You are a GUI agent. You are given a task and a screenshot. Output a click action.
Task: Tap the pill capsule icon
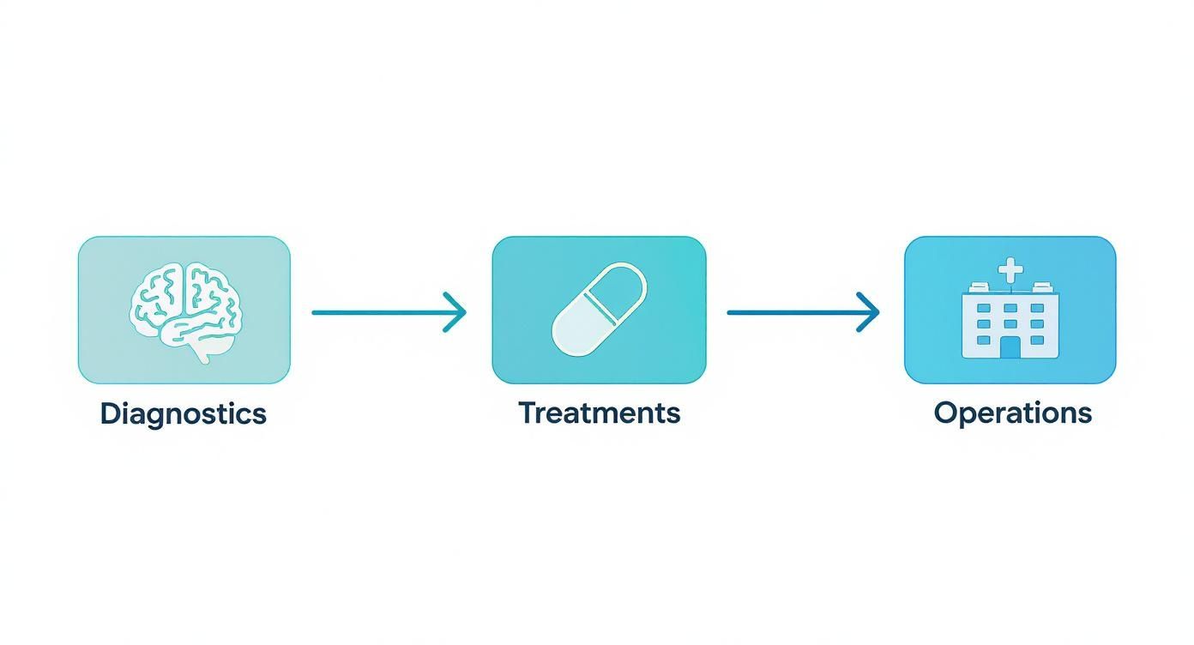pyautogui.click(x=599, y=310)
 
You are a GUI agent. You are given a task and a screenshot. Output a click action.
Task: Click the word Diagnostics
pyautogui.click(x=184, y=414)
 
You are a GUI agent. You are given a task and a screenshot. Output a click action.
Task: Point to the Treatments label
pyautogui.click(x=599, y=413)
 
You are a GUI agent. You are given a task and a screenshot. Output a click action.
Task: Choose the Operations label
pyautogui.click(x=1013, y=413)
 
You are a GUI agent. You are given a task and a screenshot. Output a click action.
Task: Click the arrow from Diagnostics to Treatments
pyautogui.click(x=389, y=312)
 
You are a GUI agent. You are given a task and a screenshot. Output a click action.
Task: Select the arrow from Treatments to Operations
pyautogui.click(x=803, y=312)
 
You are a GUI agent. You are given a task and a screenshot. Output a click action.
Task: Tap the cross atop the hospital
pyautogui.click(x=1010, y=270)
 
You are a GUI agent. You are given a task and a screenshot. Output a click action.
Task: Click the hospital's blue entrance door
pyautogui.click(x=1010, y=347)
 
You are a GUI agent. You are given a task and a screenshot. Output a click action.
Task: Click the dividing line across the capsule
pyautogui.click(x=600, y=309)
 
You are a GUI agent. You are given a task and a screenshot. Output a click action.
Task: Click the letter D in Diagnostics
pyautogui.click(x=110, y=413)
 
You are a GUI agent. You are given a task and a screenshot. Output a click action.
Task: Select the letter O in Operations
pyautogui.click(x=945, y=413)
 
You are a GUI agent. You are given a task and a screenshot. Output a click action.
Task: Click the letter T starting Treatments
pyautogui.click(x=528, y=413)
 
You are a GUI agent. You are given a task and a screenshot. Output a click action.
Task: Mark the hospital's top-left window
pyautogui.click(x=984, y=308)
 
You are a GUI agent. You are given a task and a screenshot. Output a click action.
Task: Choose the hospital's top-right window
pyautogui.click(x=1037, y=308)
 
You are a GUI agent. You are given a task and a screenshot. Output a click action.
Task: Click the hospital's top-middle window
pyautogui.click(x=1010, y=308)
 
